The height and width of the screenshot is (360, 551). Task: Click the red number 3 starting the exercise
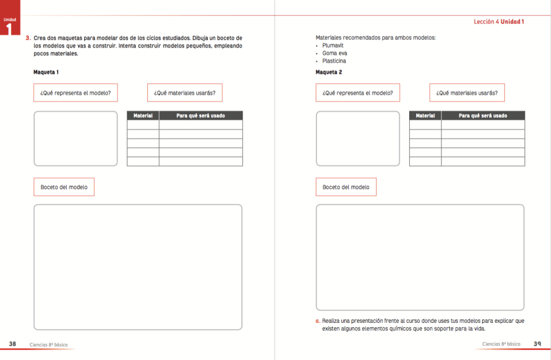pyautogui.click(x=28, y=38)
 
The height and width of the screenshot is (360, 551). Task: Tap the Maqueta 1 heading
pyautogui.click(x=46, y=72)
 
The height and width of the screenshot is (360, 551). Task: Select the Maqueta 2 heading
pyautogui.click(x=329, y=72)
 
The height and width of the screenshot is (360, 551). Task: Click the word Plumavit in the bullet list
pyautogui.click(x=333, y=46)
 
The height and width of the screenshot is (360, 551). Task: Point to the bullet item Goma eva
pyautogui.click(x=334, y=53)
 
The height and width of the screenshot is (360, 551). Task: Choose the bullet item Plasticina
pyautogui.click(x=334, y=61)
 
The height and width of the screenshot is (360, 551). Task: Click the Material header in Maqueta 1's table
pyautogui.click(x=143, y=116)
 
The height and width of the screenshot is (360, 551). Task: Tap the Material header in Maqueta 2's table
pyautogui.click(x=425, y=116)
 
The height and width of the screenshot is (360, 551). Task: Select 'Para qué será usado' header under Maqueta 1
pyautogui.click(x=201, y=116)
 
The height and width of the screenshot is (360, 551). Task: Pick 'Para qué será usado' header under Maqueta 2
pyautogui.click(x=483, y=116)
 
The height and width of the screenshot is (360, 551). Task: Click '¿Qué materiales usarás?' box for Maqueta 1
pyautogui.click(x=184, y=93)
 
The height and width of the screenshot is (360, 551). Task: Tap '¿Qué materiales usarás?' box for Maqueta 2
pyautogui.click(x=467, y=93)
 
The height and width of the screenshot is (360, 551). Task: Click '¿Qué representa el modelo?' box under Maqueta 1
pyautogui.click(x=75, y=93)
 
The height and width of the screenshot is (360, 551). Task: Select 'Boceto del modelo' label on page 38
pyautogui.click(x=64, y=187)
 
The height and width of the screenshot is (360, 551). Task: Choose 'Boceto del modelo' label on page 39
pyautogui.click(x=346, y=187)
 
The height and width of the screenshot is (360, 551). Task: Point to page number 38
pyautogui.click(x=12, y=344)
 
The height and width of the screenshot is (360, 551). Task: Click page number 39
pyautogui.click(x=538, y=344)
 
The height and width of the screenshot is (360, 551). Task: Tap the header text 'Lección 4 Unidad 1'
pyautogui.click(x=499, y=22)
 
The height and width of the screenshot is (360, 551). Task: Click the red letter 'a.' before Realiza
pyautogui.click(x=318, y=321)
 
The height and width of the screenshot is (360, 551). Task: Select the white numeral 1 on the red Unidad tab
pyautogui.click(x=9, y=29)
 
